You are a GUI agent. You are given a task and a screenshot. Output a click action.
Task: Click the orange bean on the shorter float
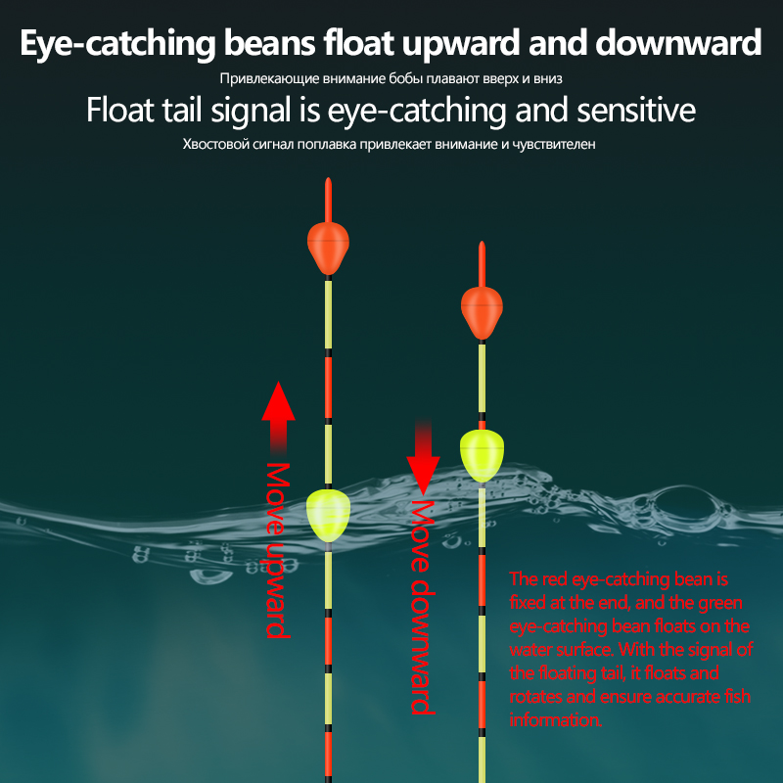(x=482, y=312)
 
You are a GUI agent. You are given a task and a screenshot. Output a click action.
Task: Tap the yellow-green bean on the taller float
(x=328, y=516)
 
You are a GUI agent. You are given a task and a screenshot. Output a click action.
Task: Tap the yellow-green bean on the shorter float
(x=482, y=455)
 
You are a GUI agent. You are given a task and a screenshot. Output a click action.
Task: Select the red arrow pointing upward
(x=278, y=418)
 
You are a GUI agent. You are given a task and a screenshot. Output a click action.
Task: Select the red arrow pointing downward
(x=423, y=457)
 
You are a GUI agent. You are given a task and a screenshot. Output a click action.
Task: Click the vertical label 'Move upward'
(x=278, y=550)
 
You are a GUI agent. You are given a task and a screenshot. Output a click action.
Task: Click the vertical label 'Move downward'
(x=423, y=607)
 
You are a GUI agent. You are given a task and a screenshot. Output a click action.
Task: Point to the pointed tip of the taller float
(x=328, y=179)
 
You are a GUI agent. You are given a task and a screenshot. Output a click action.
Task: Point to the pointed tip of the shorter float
(x=482, y=243)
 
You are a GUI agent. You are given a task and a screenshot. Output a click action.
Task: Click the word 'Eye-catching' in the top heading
(x=117, y=43)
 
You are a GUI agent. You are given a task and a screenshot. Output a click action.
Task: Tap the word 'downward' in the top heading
(x=678, y=42)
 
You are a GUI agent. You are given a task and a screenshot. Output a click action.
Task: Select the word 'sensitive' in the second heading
(x=636, y=110)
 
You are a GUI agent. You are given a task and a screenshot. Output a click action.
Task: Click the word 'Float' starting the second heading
(x=119, y=110)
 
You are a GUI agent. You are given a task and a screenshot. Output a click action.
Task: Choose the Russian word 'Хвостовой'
(x=215, y=144)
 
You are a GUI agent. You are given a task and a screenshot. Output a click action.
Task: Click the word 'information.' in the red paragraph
(x=555, y=720)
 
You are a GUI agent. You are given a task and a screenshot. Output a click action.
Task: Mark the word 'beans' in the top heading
(x=270, y=42)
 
